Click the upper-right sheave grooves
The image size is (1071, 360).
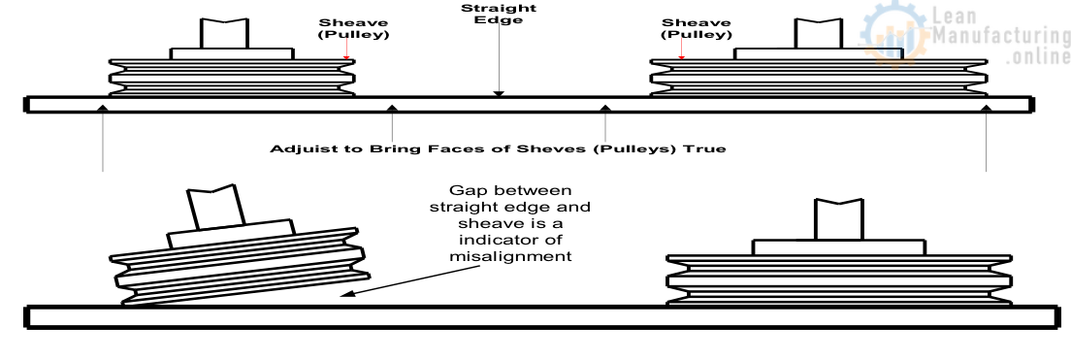pos(819,77)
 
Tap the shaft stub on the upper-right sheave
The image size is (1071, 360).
pos(819,33)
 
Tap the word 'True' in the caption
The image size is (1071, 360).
pos(708,149)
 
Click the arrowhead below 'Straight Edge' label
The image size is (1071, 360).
pos(498,93)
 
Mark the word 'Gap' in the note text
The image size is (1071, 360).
pos(465,188)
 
